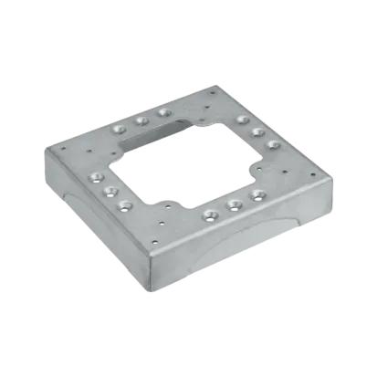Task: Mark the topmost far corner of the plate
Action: pyautogui.click(x=214, y=87)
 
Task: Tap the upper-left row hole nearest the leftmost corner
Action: pyautogui.click(x=116, y=130)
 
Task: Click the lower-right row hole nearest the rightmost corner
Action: pyautogui.click(x=260, y=193)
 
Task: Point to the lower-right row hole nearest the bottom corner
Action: pyautogui.click(x=210, y=215)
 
